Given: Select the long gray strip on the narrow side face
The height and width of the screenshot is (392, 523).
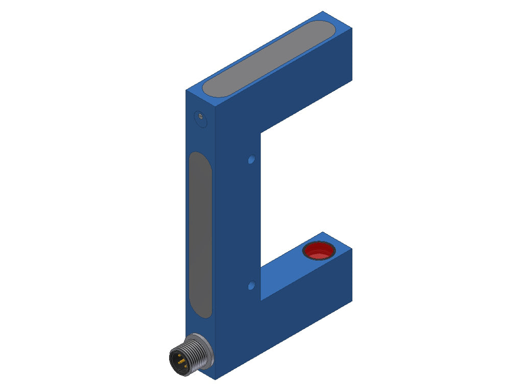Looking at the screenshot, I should [200, 235].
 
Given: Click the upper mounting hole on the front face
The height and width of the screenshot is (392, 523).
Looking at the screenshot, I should [251, 160].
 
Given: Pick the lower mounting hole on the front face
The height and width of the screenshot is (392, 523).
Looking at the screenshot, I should [251, 285].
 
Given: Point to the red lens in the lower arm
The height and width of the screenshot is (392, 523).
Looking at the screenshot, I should [318, 251].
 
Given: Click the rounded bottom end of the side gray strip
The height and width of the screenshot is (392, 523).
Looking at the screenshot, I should [201, 312].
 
